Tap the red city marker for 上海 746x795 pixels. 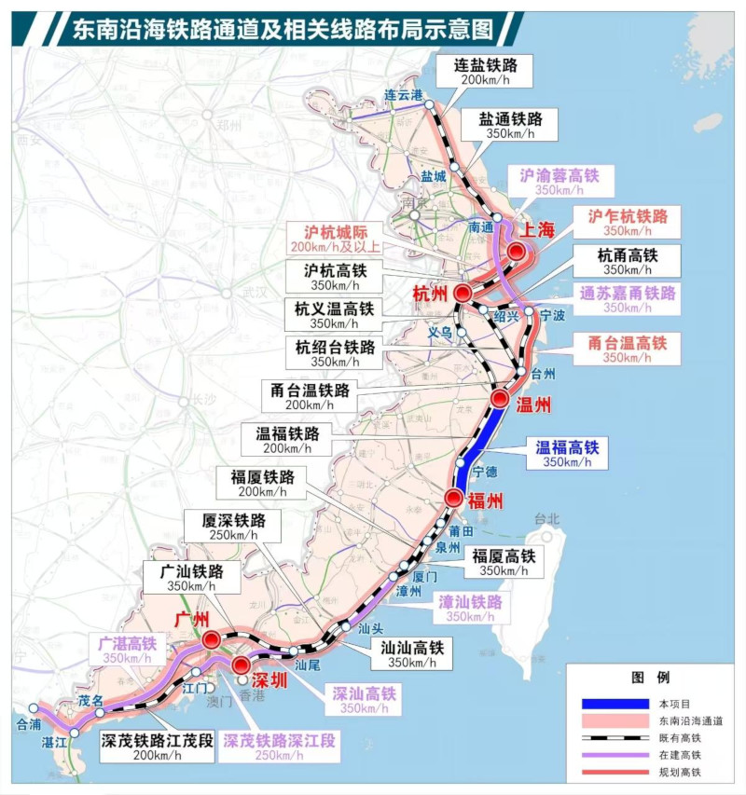[516, 253]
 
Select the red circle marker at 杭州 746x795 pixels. [463, 295]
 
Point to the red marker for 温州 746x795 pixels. [499, 400]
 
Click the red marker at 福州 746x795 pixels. [453, 499]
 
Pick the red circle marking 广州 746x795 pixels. [212, 639]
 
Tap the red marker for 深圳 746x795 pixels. [241, 665]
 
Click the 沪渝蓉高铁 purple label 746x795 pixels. [559, 181]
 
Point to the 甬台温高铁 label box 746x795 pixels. [627, 350]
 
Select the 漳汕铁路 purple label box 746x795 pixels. [471, 609]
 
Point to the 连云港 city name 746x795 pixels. [404, 93]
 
